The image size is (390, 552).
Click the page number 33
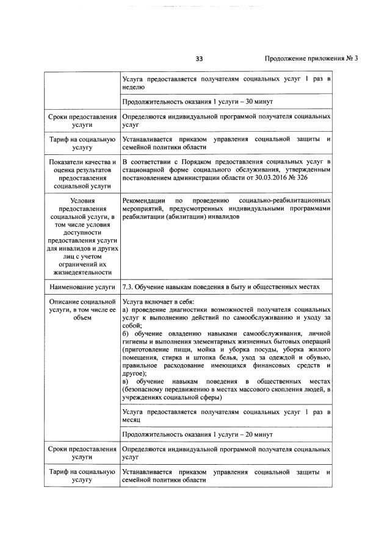[199, 59]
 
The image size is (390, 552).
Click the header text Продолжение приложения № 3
[311, 59]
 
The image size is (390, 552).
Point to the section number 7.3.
[128, 286]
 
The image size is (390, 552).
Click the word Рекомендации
[143, 200]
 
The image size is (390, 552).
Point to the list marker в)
[125, 381]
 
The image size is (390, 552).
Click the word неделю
[134, 87]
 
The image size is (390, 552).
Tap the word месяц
[132, 420]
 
